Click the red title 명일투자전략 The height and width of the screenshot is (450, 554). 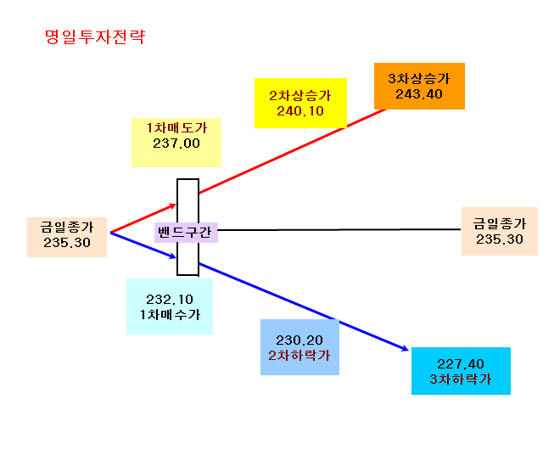coord(95,37)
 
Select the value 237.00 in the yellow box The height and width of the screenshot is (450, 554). coord(176,143)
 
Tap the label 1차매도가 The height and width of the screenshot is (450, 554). coord(176,127)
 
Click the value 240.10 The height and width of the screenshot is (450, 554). coord(300,111)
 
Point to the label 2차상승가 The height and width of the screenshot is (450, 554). coord(300,95)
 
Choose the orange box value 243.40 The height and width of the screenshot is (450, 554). coord(419,94)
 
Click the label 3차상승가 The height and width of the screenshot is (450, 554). coord(419,78)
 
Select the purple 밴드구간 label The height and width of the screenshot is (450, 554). coord(184,233)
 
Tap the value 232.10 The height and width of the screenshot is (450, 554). coord(170,300)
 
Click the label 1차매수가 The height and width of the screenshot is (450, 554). coord(170,315)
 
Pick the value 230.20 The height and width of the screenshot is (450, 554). coord(299,340)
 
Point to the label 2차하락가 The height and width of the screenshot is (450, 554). coord(299,355)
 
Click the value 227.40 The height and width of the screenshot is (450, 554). coord(461,363)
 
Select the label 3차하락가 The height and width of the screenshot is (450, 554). coord(461,379)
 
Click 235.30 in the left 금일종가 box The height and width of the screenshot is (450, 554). coord(67,243)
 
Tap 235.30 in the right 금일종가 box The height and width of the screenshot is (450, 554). coord(499,239)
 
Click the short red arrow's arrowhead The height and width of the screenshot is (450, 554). coord(173,205)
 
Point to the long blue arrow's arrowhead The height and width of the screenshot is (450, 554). coord(406,349)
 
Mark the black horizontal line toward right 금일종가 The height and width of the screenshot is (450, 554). coord(339,230)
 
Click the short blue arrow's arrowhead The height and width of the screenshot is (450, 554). coord(173,256)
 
